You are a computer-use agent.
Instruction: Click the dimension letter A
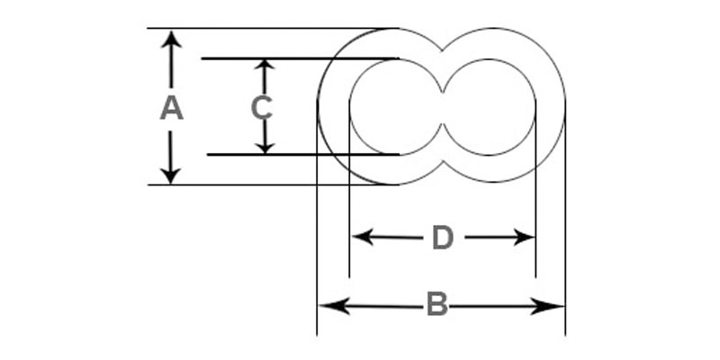[171, 109]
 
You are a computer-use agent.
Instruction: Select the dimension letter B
[436, 305]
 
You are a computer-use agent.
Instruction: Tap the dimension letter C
[261, 108]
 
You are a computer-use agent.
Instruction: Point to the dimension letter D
[442, 238]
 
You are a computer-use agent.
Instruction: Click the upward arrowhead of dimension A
[172, 39]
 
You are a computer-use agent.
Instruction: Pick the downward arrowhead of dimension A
[172, 175]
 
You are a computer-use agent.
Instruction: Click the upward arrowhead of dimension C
[264, 67]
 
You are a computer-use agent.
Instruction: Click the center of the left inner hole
[396, 106]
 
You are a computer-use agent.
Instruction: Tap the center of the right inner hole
[489, 106]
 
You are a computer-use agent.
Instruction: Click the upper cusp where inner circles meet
[443, 90]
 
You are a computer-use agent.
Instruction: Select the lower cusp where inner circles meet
[443, 124]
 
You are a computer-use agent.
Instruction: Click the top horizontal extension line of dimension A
[270, 28]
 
